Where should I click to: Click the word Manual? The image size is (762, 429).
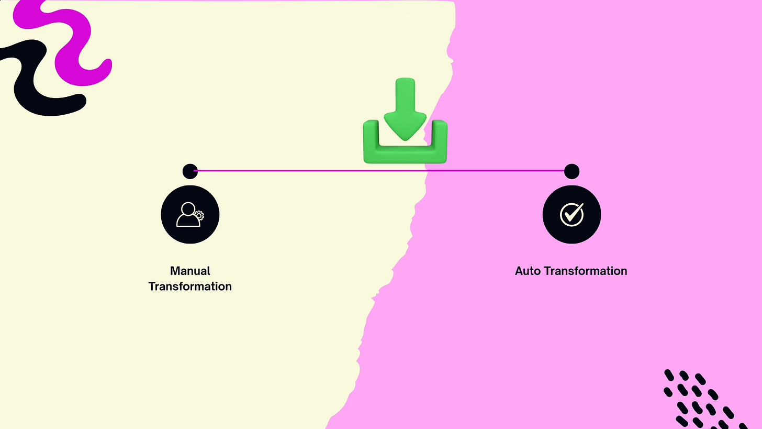(x=190, y=271)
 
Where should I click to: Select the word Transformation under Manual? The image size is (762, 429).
(x=190, y=287)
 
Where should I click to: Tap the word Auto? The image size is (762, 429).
(x=528, y=271)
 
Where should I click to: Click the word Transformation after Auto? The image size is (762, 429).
(x=585, y=271)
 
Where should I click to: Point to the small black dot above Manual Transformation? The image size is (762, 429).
(x=189, y=171)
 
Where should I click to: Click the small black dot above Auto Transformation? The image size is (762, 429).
(x=571, y=171)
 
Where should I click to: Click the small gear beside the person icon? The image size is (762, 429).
(x=198, y=215)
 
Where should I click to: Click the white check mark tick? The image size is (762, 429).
(x=573, y=213)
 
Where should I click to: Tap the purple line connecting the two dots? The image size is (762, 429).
(x=314, y=170)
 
